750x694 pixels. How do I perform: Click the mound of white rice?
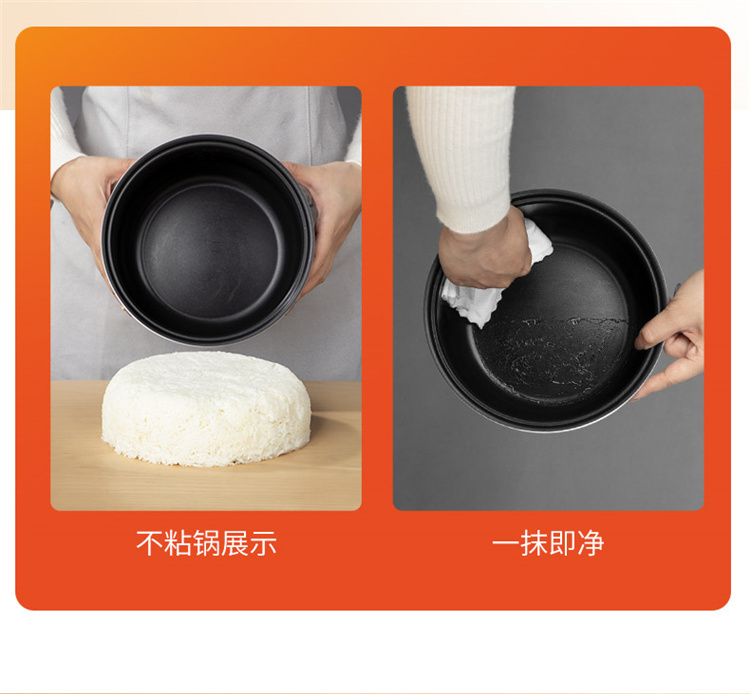tap(206, 409)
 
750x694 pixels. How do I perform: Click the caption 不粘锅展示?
tap(206, 543)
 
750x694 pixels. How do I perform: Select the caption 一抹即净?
tap(548, 543)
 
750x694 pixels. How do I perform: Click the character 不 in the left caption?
tap(150, 543)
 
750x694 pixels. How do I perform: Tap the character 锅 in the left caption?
tap(206, 543)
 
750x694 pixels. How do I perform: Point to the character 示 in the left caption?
tap(263, 543)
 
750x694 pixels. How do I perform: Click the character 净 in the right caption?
tap(591, 543)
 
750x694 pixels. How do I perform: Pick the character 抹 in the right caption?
tap(534, 543)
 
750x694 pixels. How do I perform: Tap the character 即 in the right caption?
tap(562, 543)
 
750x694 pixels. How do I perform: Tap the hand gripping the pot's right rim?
tap(672, 335)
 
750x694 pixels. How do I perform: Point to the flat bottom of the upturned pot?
tap(209, 249)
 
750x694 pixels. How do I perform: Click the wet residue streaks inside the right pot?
tap(550, 354)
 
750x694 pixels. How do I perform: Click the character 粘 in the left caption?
tap(178, 543)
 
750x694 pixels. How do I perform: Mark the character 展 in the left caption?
tap(234, 543)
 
